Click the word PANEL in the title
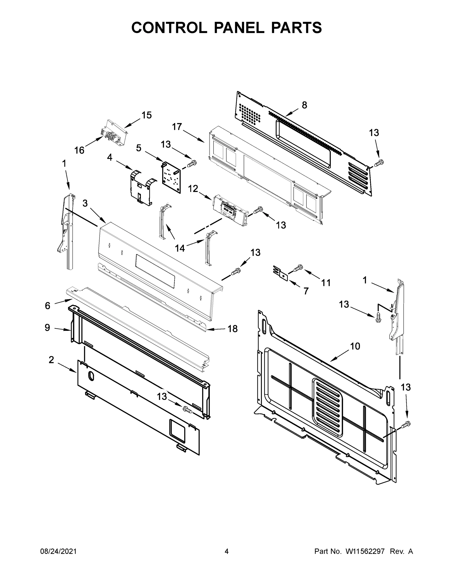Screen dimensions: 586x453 click(x=239, y=28)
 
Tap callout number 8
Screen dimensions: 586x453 click(x=304, y=105)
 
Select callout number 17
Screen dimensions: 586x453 click(x=177, y=127)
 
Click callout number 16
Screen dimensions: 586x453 click(x=79, y=150)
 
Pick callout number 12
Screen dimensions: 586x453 click(x=193, y=189)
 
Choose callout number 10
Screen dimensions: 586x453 click(x=355, y=346)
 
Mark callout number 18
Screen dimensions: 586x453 click(x=232, y=329)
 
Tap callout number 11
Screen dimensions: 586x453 click(x=326, y=283)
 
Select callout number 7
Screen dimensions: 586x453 click(x=306, y=291)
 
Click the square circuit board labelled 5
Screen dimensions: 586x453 click(x=171, y=177)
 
